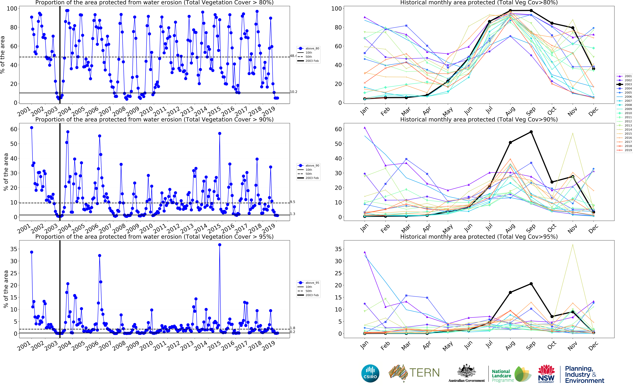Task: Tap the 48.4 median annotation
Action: [293, 56]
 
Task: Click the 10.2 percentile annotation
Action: [293, 92]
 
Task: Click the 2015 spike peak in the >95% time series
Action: [219, 245]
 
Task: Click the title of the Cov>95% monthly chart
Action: [479, 237]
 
